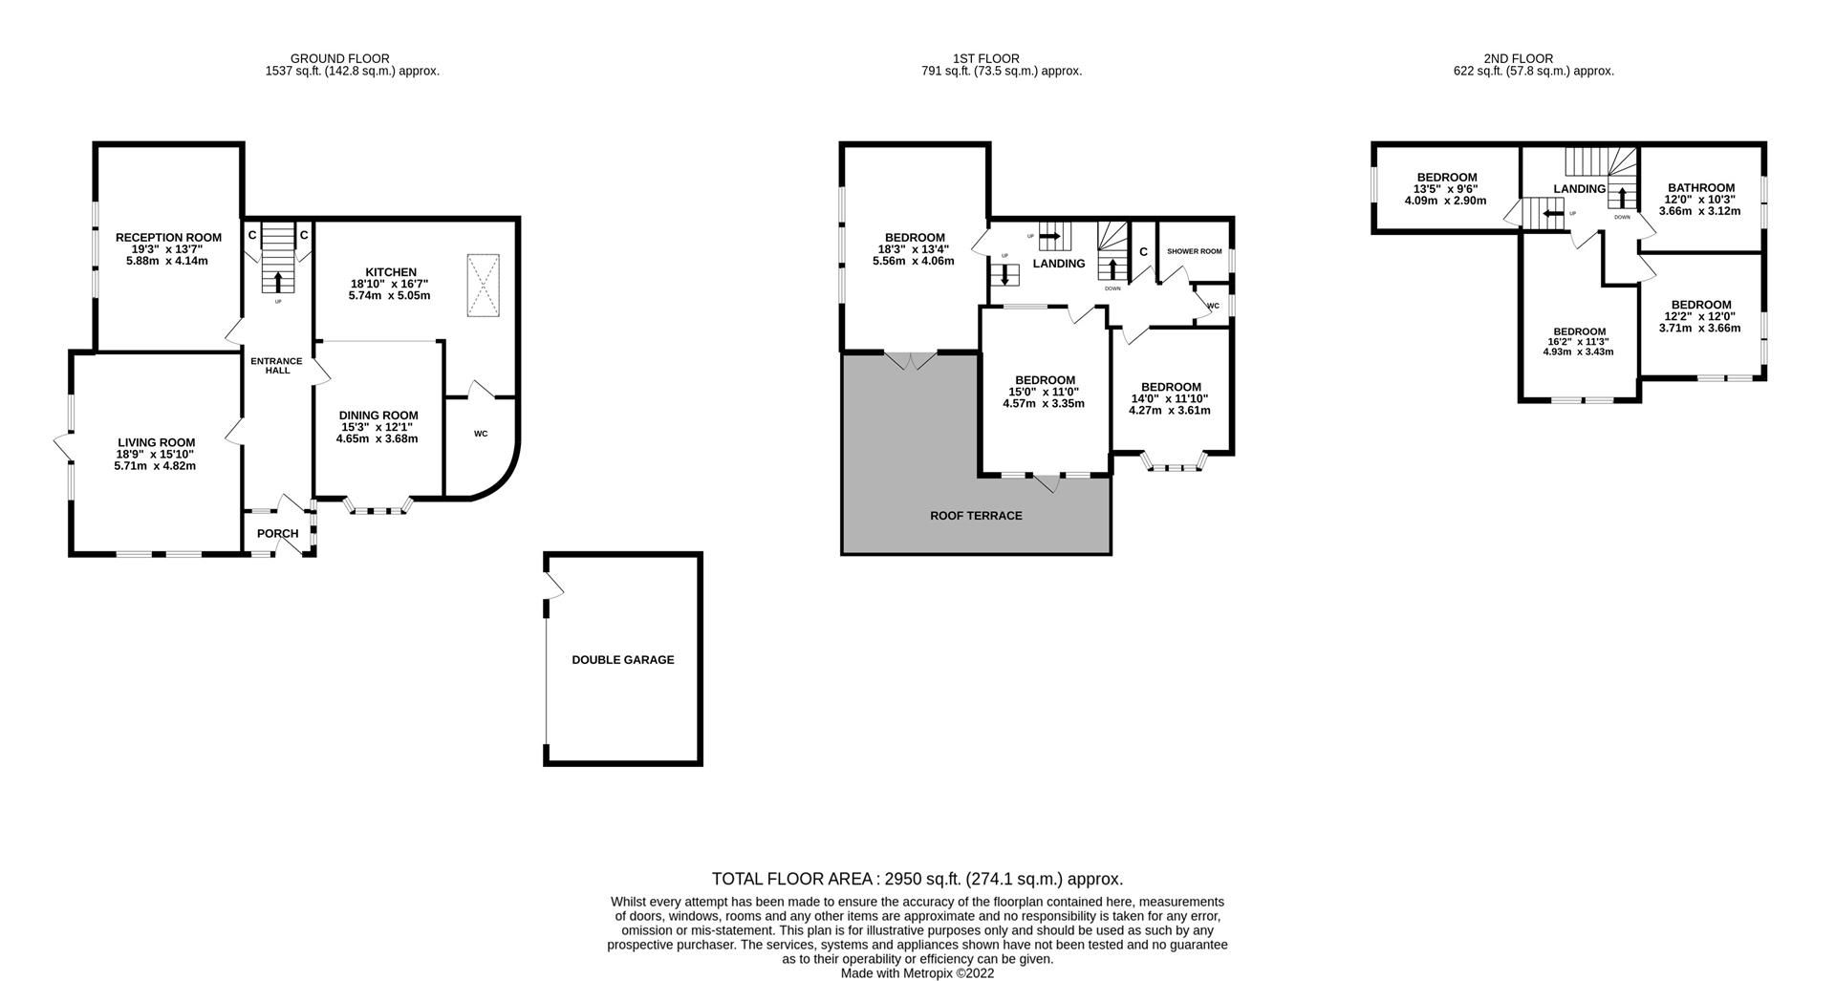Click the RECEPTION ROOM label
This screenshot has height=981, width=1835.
coord(168,237)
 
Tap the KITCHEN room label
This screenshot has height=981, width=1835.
coord(389,272)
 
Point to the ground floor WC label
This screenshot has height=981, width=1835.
coord(481,434)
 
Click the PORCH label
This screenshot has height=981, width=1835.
coord(277,533)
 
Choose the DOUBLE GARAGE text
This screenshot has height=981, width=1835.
coord(622,660)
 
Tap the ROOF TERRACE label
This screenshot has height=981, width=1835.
coord(976,516)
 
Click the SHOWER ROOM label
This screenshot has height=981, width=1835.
coord(1194,251)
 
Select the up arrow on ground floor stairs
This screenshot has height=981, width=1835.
coord(278,282)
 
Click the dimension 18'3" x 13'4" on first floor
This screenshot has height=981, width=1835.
coord(913,249)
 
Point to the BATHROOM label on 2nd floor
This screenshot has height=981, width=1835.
coord(1700,188)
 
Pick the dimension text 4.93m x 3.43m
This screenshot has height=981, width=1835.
coord(1578,352)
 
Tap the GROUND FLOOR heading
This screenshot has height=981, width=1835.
coord(339,58)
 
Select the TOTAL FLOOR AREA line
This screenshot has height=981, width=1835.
coord(917,879)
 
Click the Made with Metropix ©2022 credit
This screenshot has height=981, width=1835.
coord(917,973)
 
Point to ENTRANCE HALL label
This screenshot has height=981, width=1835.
coord(276,365)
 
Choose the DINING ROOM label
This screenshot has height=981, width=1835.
coord(378,416)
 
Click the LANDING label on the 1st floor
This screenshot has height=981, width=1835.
coord(1058,264)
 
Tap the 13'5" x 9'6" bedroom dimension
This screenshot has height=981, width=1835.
coord(1446,189)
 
